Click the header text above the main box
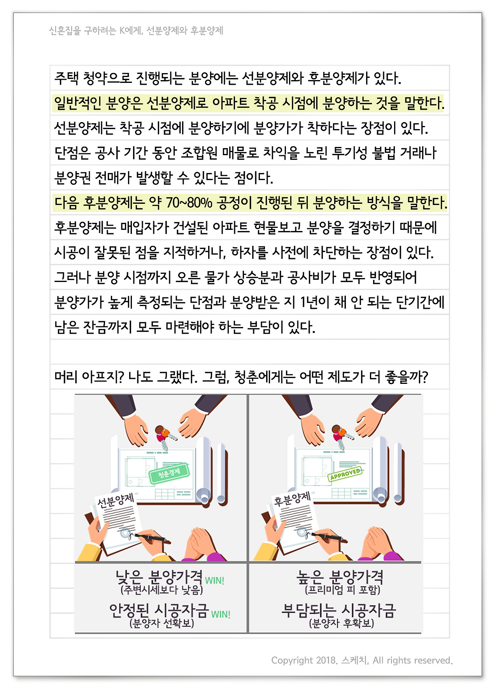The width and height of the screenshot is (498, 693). click(136, 31)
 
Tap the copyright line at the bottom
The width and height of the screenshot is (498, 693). click(362, 660)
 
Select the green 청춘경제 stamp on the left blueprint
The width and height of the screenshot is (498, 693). click(169, 473)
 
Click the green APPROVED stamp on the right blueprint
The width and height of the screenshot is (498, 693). click(345, 474)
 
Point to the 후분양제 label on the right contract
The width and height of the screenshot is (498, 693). click(292, 499)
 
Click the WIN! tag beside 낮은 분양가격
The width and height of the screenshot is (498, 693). click(215, 581)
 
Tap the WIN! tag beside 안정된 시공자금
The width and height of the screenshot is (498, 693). click(221, 614)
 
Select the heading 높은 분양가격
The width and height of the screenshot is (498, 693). click(340, 577)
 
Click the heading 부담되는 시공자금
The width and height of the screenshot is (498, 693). click(338, 611)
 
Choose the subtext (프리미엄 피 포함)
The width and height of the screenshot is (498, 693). click(342, 590)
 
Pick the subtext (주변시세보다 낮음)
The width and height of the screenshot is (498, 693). click(162, 590)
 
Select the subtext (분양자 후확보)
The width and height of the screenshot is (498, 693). click(342, 623)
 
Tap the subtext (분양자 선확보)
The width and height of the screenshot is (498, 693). click(162, 623)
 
